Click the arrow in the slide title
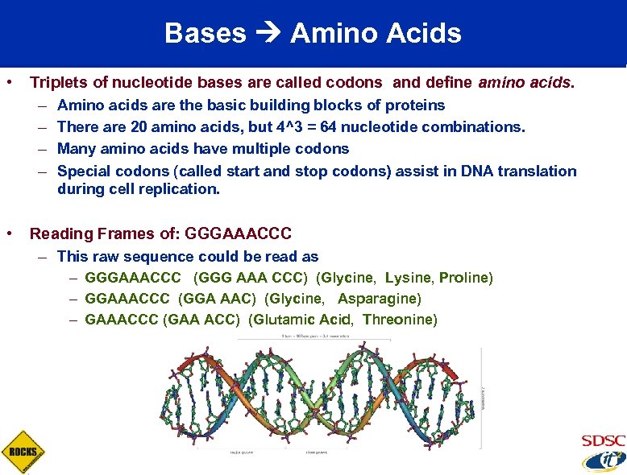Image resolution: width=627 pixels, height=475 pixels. tap(268, 34)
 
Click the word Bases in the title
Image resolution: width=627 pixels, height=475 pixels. tap(205, 34)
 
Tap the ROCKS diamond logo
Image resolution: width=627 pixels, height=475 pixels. tap(23, 452)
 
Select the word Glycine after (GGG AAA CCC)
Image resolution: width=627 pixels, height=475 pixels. tap(347, 278)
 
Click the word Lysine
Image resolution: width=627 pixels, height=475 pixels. tap(409, 278)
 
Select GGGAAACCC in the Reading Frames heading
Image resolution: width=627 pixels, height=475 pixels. tap(238, 234)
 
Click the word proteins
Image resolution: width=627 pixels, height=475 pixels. tap(415, 105)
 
